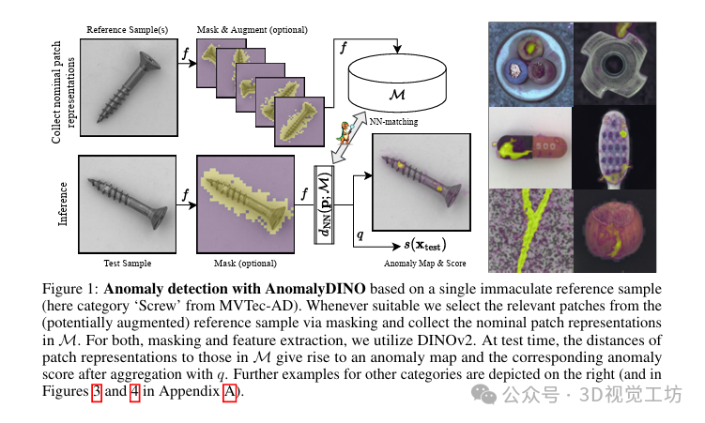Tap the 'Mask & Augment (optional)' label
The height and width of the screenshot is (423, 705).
(x=252, y=29)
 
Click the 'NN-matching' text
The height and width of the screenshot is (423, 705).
(x=392, y=121)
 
